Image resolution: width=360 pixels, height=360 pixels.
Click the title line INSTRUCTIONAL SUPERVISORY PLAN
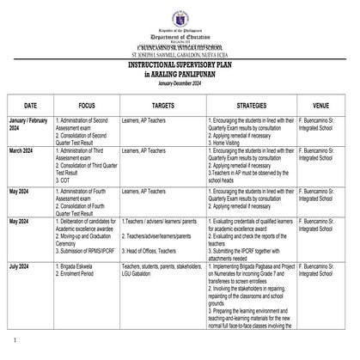coord(180,65)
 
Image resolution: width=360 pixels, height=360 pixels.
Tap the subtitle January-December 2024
coord(180,79)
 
